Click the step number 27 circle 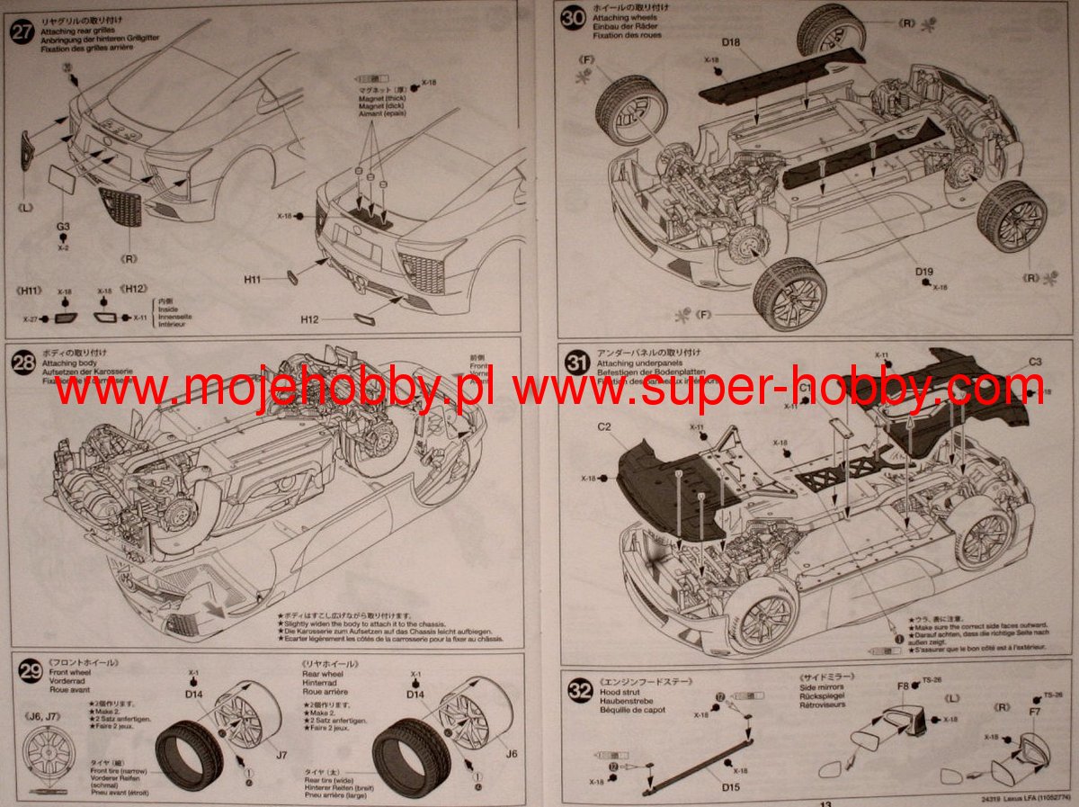pyautogui.click(x=19, y=30)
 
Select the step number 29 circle pyautogui.click(x=31, y=670)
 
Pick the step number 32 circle pyautogui.click(x=580, y=688)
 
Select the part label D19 pyautogui.click(x=924, y=272)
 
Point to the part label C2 pyautogui.click(x=603, y=426)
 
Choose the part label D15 pyautogui.click(x=730, y=787)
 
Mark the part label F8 pyautogui.click(x=903, y=686)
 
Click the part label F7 pyautogui.click(x=1034, y=713)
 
